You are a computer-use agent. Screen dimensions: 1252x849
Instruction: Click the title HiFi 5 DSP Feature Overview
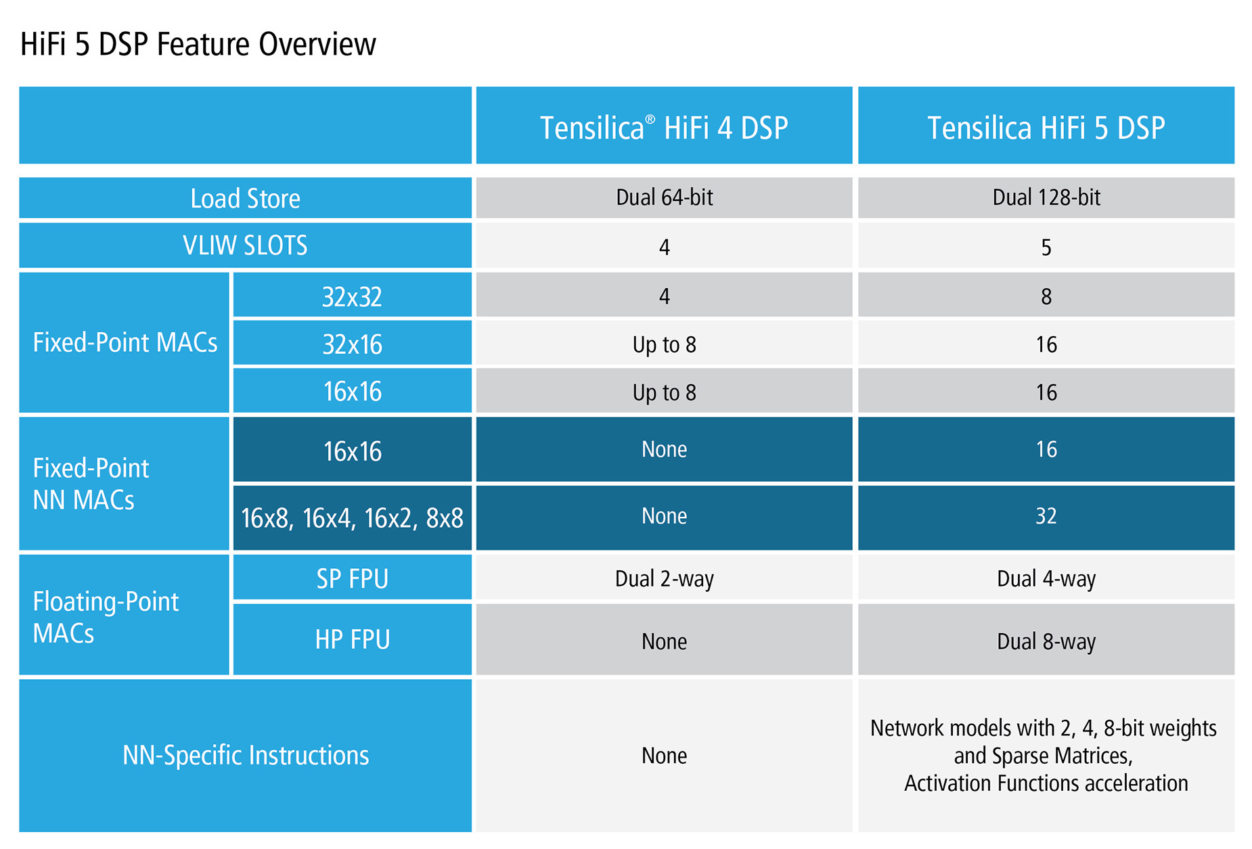point(198,45)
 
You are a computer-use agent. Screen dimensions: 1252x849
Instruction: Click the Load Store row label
point(245,198)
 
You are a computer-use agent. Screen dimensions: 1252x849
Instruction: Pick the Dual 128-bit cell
point(1046,198)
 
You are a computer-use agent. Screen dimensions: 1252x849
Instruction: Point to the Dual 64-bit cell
point(664,198)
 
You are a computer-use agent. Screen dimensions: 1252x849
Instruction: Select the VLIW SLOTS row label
point(245,246)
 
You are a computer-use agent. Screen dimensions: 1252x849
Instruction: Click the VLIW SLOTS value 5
point(1046,248)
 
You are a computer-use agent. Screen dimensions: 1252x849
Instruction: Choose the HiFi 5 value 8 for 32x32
point(1046,296)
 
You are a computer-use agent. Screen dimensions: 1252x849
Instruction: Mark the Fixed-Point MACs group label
point(125,342)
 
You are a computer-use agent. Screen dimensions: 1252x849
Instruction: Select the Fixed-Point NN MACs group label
point(91,484)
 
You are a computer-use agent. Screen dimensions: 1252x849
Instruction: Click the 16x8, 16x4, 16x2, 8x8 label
point(352,518)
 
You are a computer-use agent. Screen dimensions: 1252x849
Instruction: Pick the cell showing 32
point(1046,516)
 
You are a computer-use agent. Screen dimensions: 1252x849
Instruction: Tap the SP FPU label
point(352,579)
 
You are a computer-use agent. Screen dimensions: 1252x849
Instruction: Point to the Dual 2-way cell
point(664,579)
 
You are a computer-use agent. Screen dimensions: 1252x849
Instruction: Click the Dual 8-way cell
point(1046,641)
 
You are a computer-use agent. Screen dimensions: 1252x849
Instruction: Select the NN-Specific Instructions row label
point(245,755)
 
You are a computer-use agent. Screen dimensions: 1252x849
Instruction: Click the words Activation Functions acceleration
point(1046,783)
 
